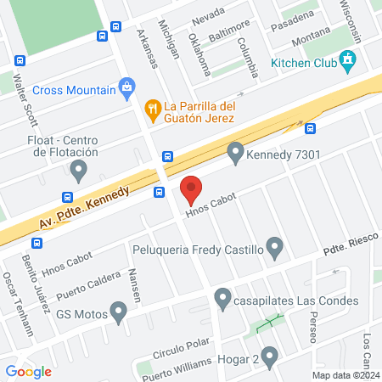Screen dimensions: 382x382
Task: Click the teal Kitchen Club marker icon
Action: tap(346, 60)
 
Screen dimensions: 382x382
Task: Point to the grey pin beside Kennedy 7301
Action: tap(235, 153)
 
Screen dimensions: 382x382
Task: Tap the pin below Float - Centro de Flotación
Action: tap(79, 171)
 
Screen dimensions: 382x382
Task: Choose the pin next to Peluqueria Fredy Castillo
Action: tap(274, 249)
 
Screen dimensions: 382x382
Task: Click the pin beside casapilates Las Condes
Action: tap(222, 299)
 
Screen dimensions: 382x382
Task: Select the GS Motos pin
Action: tap(119, 315)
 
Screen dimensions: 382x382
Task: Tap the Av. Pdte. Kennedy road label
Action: tap(84, 209)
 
